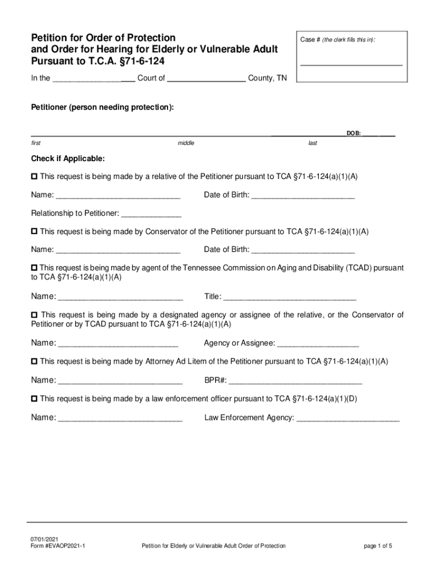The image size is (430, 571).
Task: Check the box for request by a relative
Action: click(x=34, y=176)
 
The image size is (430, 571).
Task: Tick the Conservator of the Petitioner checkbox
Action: click(x=34, y=231)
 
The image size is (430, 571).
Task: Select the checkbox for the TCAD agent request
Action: click(x=34, y=268)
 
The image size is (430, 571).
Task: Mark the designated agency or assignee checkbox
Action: click(x=34, y=316)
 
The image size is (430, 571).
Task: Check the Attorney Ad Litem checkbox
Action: click(x=34, y=361)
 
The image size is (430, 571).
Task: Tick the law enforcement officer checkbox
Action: click(x=34, y=399)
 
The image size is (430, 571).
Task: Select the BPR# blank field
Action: click(x=295, y=383)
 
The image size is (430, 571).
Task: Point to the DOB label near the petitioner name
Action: click(x=353, y=134)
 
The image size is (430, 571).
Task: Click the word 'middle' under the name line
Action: click(x=186, y=143)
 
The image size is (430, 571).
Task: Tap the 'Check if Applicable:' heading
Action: click(x=68, y=158)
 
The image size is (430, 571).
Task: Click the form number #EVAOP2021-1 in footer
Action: click(x=58, y=546)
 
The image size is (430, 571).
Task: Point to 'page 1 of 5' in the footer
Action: click(x=378, y=546)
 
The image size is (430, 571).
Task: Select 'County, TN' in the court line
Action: click(x=267, y=79)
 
